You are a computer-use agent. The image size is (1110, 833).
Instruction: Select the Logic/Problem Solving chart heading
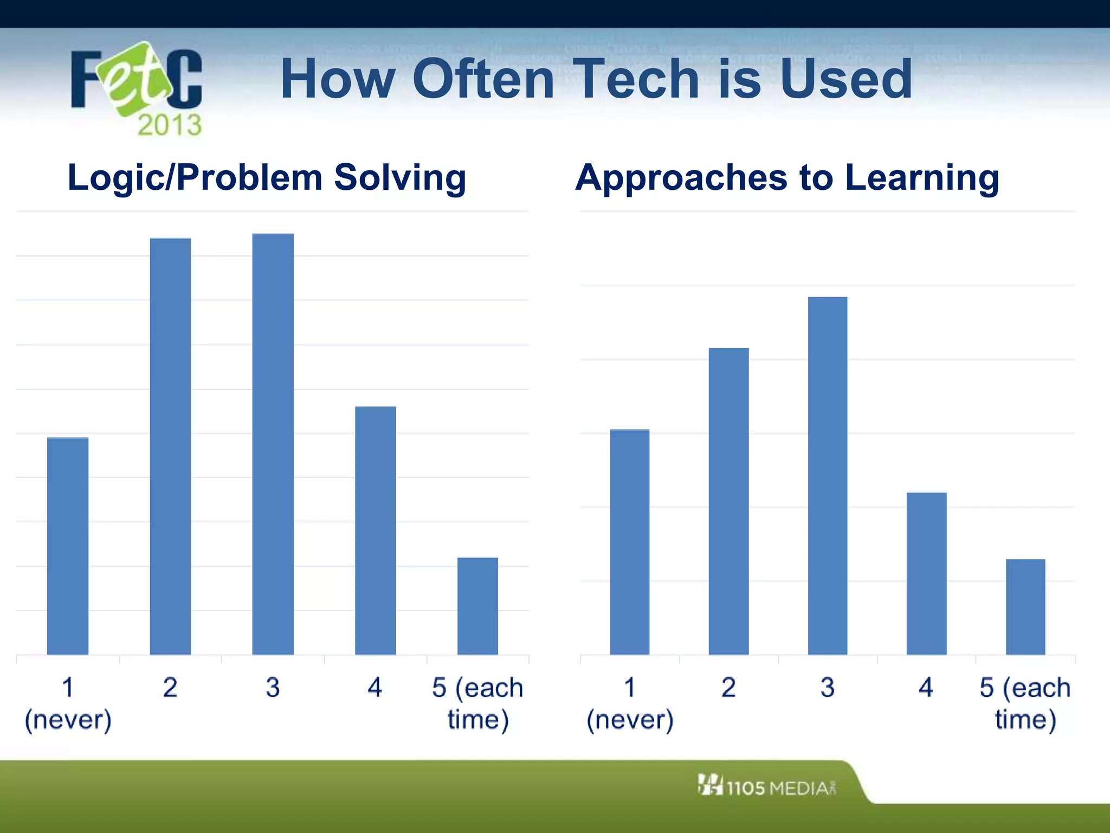267,178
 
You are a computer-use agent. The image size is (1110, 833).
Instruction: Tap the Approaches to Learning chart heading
787,178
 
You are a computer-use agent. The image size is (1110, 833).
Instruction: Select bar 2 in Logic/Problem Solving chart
170,446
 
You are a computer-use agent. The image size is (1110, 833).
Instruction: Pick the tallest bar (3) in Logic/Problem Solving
273,444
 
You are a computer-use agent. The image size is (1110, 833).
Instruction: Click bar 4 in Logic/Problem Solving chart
375,530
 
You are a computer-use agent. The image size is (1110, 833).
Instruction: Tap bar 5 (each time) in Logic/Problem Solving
477,606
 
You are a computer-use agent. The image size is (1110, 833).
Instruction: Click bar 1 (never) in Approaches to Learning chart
629,541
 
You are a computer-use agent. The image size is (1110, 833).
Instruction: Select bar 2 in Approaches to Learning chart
728,501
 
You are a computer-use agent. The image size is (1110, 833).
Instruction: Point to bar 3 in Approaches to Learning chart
827,475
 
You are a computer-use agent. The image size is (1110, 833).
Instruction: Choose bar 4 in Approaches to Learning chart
926,573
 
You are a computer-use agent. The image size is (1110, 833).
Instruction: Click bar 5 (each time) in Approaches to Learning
1025,606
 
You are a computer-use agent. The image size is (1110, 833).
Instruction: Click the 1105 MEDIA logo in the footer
766,786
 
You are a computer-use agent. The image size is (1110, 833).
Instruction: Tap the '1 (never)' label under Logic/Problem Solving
68,703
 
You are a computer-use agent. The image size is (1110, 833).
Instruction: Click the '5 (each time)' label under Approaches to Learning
1025,703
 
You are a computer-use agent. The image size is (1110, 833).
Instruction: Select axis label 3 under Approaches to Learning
827,688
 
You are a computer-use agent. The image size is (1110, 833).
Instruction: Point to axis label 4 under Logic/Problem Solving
375,688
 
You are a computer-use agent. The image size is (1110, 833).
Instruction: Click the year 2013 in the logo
169,125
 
